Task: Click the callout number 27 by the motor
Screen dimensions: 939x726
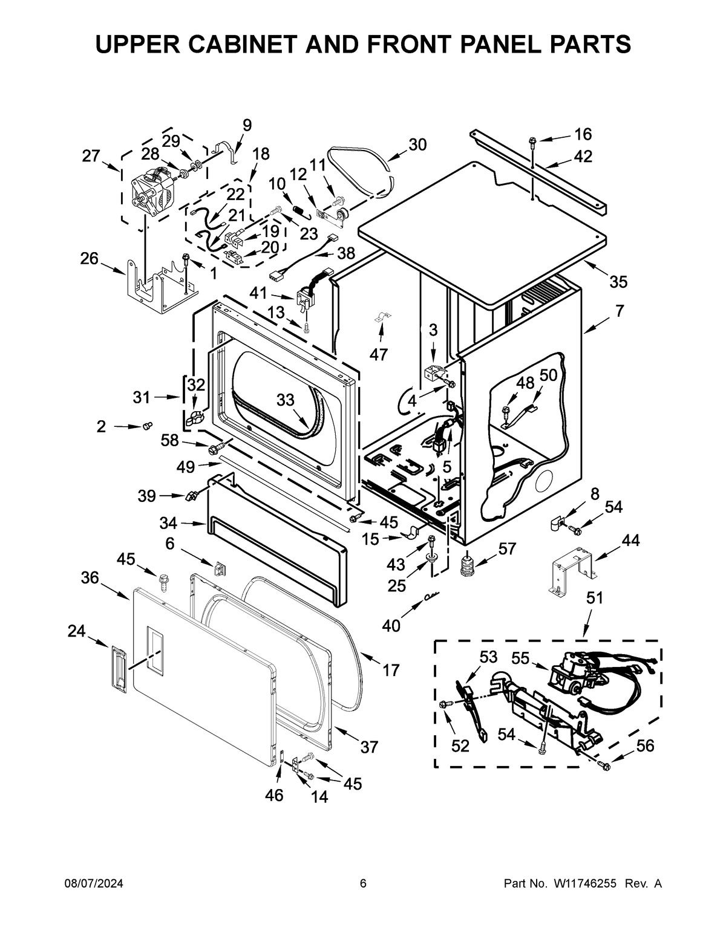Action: point(91,156)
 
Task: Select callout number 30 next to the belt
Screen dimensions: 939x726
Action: point(417,145)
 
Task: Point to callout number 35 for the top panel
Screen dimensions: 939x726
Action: point(618,282)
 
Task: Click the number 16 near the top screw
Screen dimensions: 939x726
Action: point(583,134)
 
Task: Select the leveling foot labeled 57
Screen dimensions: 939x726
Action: point(466,565)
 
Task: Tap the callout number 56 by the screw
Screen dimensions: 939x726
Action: point(646,746)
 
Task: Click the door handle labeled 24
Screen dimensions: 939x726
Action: point(118,666)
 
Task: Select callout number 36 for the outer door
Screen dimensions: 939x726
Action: point(90,578)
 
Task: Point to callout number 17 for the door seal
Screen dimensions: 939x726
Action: point(391,670)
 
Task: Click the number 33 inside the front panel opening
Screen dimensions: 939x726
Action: point(286,399)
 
